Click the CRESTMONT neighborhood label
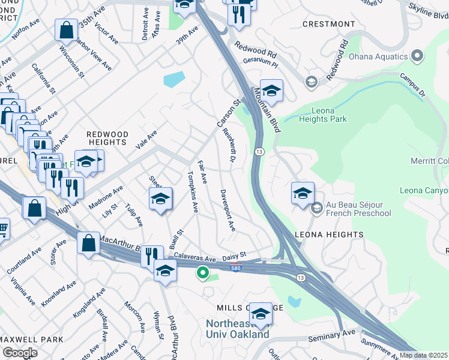pos(328,24)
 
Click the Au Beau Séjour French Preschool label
pos(358,209)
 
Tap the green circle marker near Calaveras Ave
pos(203,274)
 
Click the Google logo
pos(19,352)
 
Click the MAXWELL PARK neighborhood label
pos(31,340)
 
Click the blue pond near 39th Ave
pos(173,79)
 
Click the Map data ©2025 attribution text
pos(424,355)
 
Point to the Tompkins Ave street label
pos(193,193)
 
